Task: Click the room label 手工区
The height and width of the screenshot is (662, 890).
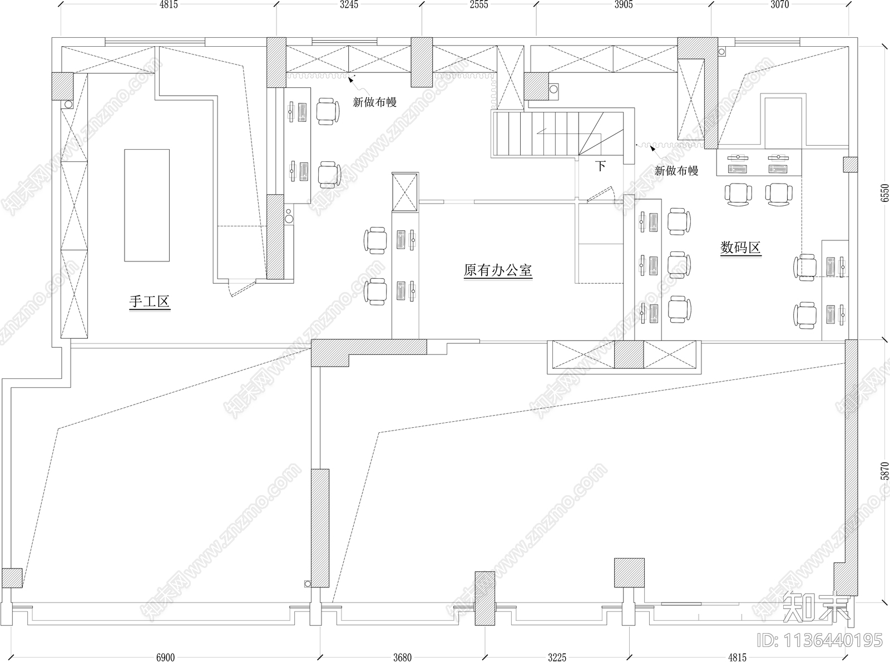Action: click(x=150, y=302)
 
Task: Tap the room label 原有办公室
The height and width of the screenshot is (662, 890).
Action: click(x=498, y=271)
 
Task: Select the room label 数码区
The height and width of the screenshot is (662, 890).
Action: click(x=740, y=248)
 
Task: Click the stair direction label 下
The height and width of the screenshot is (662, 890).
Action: click(x=600, y=166)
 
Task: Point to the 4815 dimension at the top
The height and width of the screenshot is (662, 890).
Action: click(x=168, y=5)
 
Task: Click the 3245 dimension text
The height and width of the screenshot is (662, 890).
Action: click(x=349, y=5)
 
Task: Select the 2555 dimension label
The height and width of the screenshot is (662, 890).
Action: click(x=479, y=5)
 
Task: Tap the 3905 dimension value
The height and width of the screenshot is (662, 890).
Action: click(x=624, y=5)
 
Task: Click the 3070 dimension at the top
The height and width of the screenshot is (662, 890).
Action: click(x=780, y=5)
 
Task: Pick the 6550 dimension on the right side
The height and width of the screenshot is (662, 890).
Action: click(x=885, y=192)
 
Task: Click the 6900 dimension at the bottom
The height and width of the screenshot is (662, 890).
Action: click(x=165, y=657)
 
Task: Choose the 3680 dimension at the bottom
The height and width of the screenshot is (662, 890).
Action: click(x=402, y=657)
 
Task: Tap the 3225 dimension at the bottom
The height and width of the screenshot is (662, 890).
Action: click(x=557, y=657)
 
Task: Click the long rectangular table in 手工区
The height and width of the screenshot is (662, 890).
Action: click(x=146, y=205)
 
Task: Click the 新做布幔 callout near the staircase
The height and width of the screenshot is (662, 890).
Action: click(x=676, y=171)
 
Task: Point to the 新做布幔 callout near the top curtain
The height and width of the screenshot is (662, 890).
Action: click(x=374, y=102)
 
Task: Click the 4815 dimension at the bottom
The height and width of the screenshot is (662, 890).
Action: click(x=738, y=657)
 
